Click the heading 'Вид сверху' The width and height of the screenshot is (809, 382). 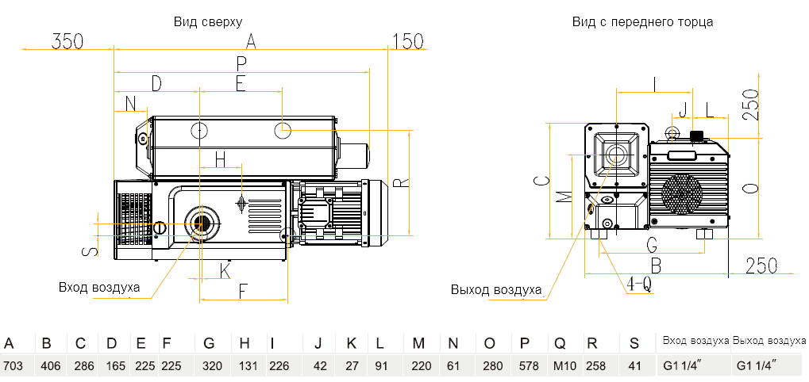(x=208, y=21)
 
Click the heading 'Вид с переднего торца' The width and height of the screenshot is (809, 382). (x=642, y=21)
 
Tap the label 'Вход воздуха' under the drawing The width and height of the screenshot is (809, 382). (x=99, y=287)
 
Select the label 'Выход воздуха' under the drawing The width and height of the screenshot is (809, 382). (x=496, y=289)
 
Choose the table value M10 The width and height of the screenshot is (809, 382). (x=560, y=366)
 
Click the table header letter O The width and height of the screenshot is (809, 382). (x=489, y=343)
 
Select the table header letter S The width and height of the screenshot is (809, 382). (x=633, y=343)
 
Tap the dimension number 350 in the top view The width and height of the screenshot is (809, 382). (x=67, y=41)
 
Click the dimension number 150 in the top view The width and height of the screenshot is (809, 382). (x=408, y=41)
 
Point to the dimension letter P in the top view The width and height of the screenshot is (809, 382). (x=241, y=63)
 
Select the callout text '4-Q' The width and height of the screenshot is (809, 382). (x=639, y=283)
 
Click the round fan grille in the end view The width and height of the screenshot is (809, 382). (x=682, y=195)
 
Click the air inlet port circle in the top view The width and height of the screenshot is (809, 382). (x=201, y=223)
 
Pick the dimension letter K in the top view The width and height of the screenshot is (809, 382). (x=225, y=270)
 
